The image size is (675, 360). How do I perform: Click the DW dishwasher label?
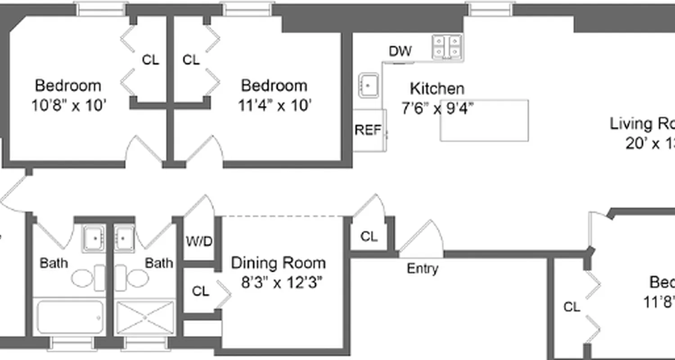[x=400, y=51]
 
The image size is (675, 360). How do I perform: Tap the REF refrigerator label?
[x=368, y=130]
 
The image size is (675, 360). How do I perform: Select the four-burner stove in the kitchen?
[x=447, y=47]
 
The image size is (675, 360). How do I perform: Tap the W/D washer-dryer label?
[x=199, y=242]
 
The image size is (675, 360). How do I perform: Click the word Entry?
[x=422, y=269]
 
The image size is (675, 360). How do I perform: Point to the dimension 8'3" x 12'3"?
[x=282, y=283]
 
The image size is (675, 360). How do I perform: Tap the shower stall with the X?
[x=145, y=318]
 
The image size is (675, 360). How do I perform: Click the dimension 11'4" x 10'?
[x=275, y=105]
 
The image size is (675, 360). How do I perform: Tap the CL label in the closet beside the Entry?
[x=369, y=237]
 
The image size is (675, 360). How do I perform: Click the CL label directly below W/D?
[x=201, y=292]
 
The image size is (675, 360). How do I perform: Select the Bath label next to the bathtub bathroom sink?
[x=54, y=263]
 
